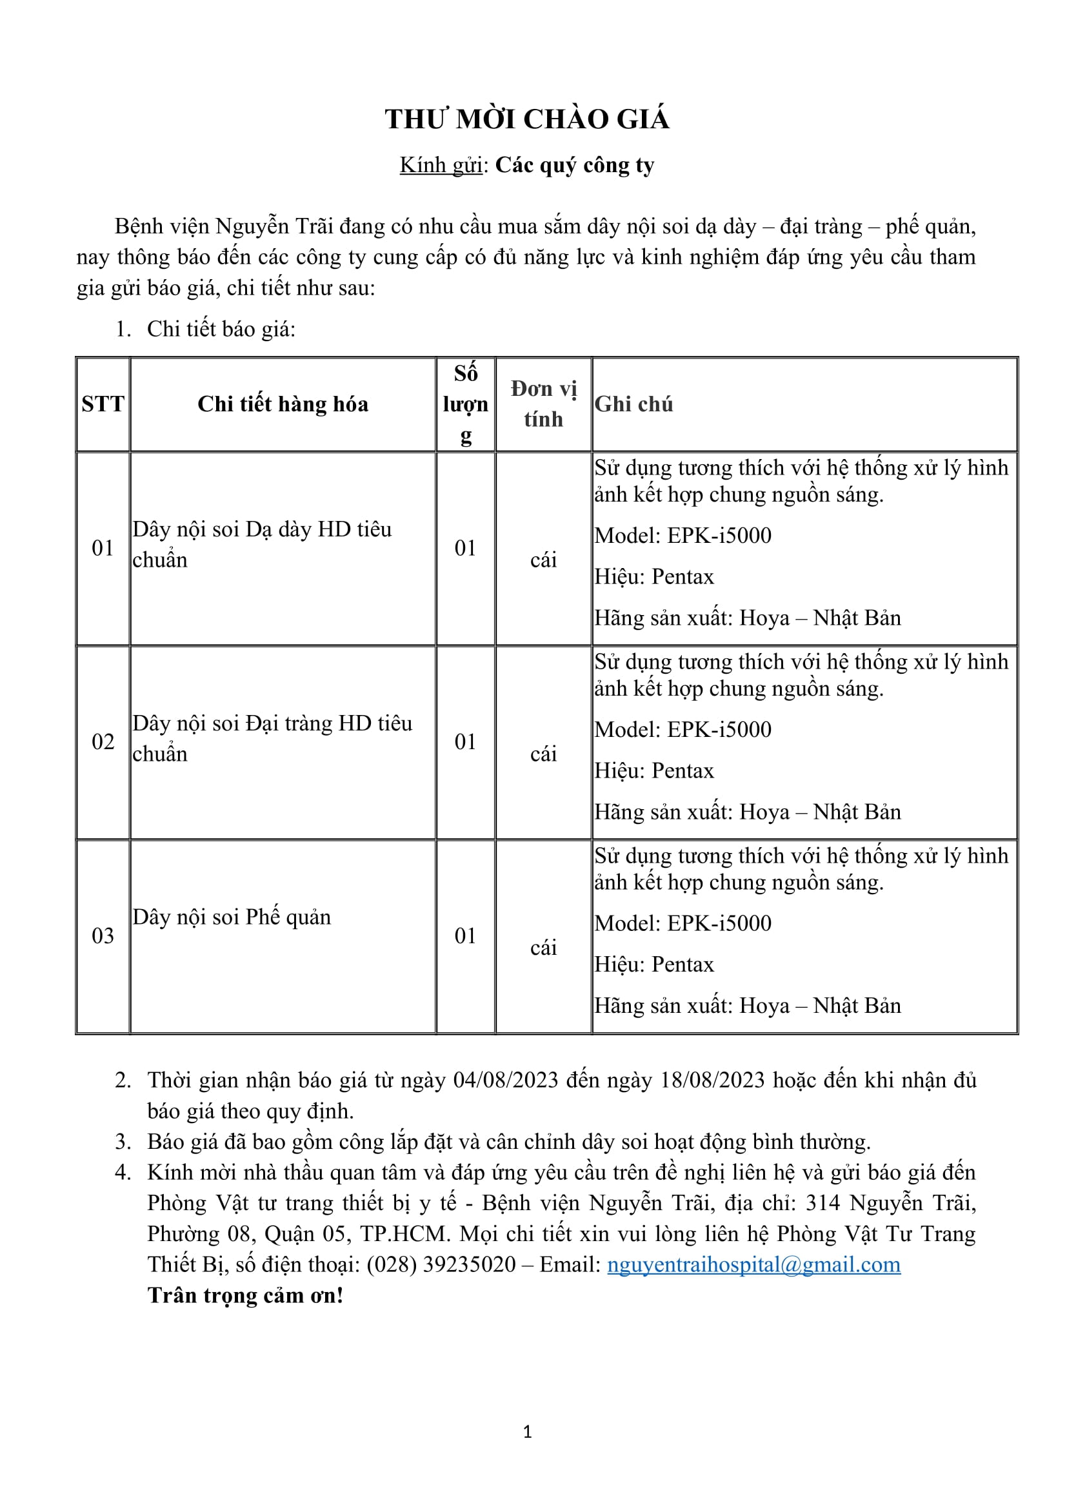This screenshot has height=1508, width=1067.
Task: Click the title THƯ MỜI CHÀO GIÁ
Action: tap(526, 119)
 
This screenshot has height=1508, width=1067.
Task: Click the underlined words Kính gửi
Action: tap(441, 166)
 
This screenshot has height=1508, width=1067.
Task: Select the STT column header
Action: tap(103, 404)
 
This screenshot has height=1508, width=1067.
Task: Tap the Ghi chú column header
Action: tap(633, 404)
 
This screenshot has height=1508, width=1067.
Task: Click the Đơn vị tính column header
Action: tap(543, 404)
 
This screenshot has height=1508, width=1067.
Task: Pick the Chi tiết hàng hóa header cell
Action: tap(283, 404)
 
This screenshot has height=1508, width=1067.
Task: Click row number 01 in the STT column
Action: tap(103, 548)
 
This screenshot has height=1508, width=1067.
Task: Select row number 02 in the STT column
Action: tap(103, 741)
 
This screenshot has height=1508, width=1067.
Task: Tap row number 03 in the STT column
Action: tap(103, 935)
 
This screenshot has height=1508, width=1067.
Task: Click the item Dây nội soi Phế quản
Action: tap(232, 917)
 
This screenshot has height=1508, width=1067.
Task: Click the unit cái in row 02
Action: tap(543, 754)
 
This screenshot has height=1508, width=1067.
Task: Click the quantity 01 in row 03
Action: tap(465, 935)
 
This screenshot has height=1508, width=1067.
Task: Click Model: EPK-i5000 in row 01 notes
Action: tap(683, 535)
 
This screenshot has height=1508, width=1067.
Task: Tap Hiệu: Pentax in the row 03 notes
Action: tap(653, 964)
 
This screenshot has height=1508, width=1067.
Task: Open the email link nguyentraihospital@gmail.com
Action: tap(753, 1264)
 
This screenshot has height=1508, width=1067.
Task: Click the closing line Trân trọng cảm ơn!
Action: tap(245, 1295)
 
